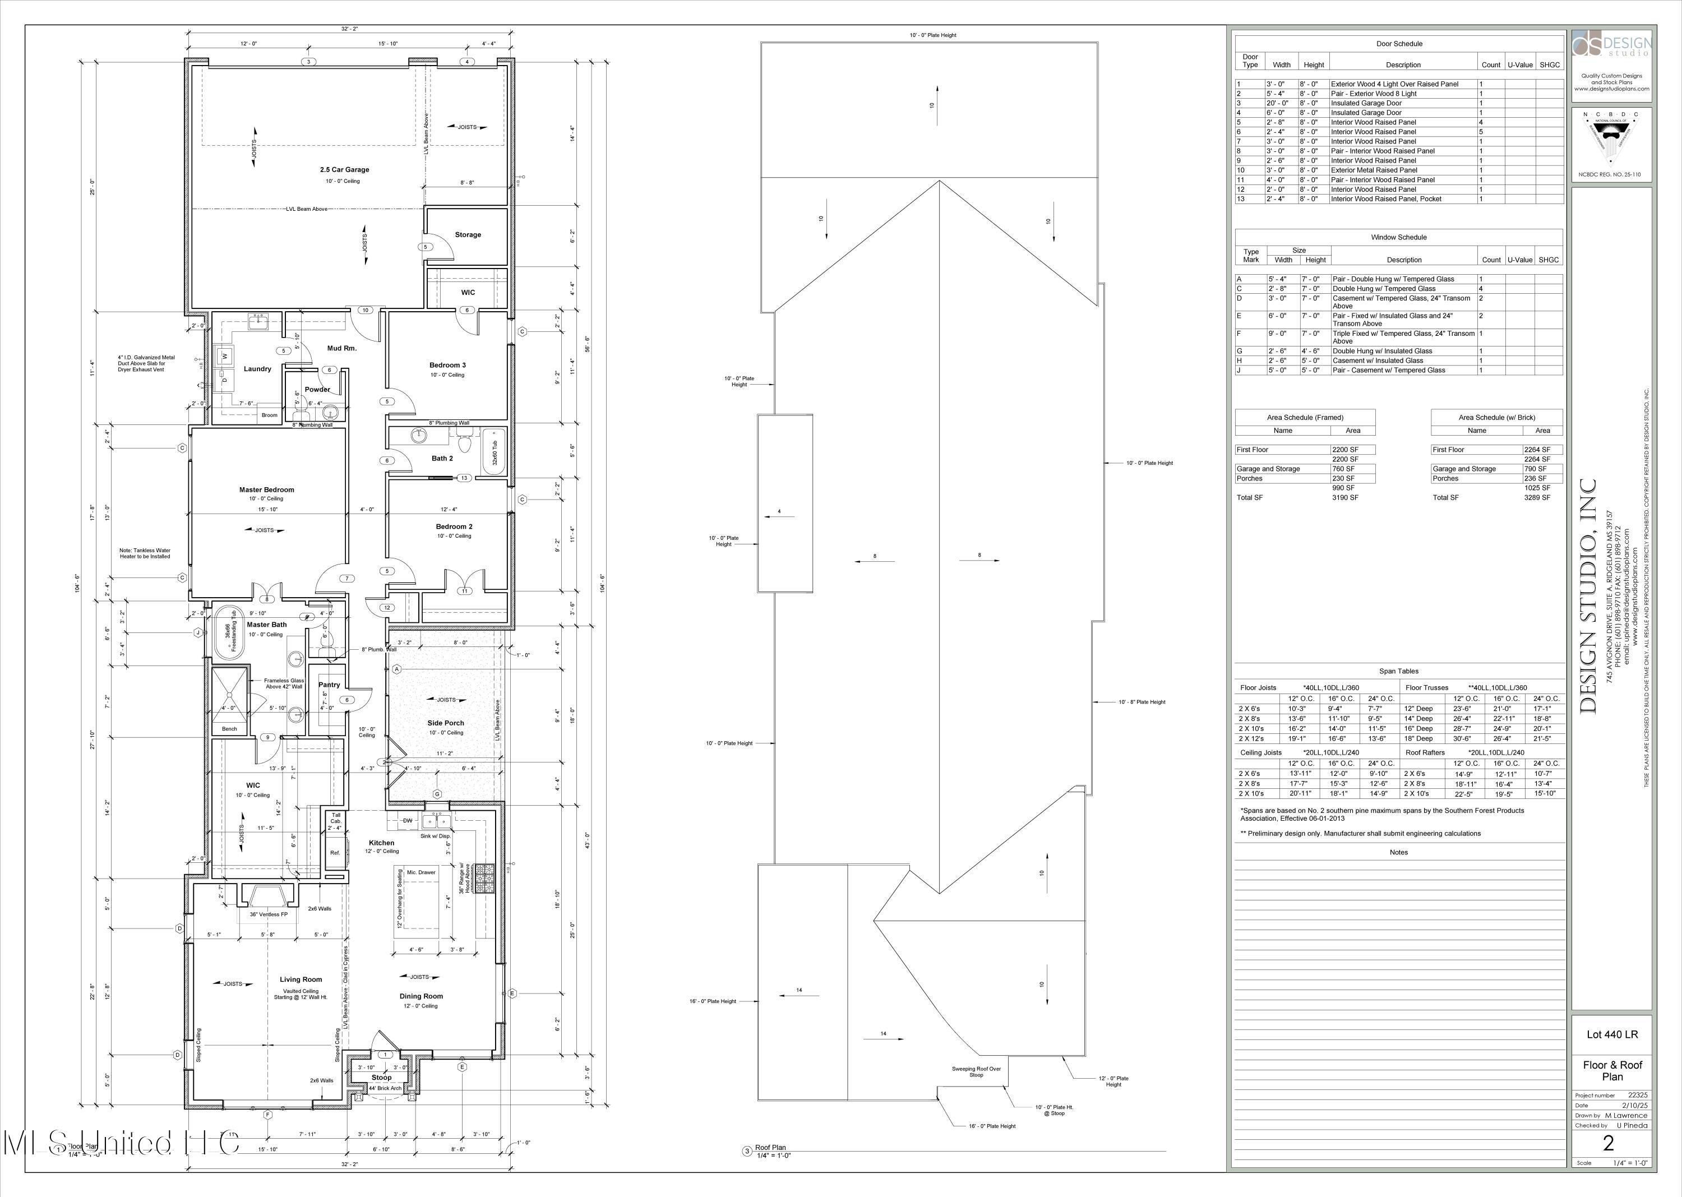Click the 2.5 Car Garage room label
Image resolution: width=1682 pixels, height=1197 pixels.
(x=344, y=169)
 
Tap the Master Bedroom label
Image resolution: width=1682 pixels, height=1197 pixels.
(x=266, y=489)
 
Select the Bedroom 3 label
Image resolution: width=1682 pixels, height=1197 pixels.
(x=447, y=365)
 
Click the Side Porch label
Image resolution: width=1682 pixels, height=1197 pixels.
(x=445, y=723)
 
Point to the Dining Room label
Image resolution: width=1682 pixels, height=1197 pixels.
(x=421, y=996)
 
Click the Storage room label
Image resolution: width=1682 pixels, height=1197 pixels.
(x=467, y=234)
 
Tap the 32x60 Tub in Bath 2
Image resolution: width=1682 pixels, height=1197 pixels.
(x=495, y=452)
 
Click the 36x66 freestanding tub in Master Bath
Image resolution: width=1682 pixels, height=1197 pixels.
(x=230, y=632)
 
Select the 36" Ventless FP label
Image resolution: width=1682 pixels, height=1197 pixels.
(x=269, y=914)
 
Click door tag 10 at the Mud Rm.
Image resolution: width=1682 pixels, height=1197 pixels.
(x=365, y=310)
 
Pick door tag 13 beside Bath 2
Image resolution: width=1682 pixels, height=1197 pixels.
(x=464, y=478)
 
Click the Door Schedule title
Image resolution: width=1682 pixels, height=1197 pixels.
(x=1399, y=44)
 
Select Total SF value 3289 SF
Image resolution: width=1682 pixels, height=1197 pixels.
(x=1537, y=497)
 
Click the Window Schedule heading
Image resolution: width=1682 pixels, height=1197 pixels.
(x=1398, y=237)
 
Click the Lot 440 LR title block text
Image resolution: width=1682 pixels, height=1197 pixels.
(x=1612, y=1034)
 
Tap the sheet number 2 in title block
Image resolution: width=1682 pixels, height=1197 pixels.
(x=1609, y=1143)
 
